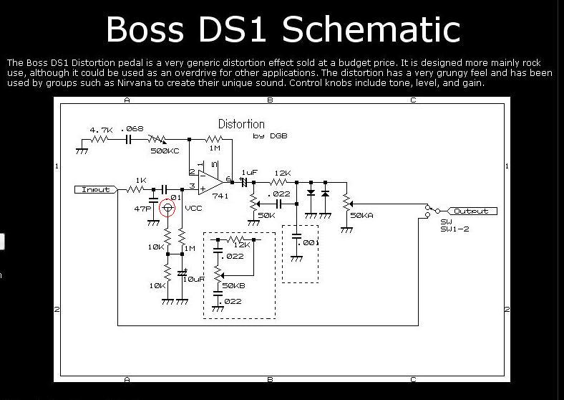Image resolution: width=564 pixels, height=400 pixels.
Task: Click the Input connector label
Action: (96, 190)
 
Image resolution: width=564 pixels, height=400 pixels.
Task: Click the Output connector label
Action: (471, 211)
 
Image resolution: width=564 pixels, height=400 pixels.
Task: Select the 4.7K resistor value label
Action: (101, 130)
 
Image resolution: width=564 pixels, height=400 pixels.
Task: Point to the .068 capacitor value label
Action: (133, 129)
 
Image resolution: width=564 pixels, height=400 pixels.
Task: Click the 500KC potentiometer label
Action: (165, 151)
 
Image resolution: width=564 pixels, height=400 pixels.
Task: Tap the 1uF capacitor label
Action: (249, 173)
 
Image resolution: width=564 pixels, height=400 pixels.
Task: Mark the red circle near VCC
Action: (168, 208)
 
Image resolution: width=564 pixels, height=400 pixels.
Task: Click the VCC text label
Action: (193, 208)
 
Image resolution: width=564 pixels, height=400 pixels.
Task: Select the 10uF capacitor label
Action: (194, 278)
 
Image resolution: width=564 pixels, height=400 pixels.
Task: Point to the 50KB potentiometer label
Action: (234, 286)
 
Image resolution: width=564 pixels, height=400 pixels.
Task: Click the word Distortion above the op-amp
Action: (241, 124)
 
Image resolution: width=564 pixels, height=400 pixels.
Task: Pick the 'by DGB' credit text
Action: (270, 135)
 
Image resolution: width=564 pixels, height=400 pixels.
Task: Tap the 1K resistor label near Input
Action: (141, 180)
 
